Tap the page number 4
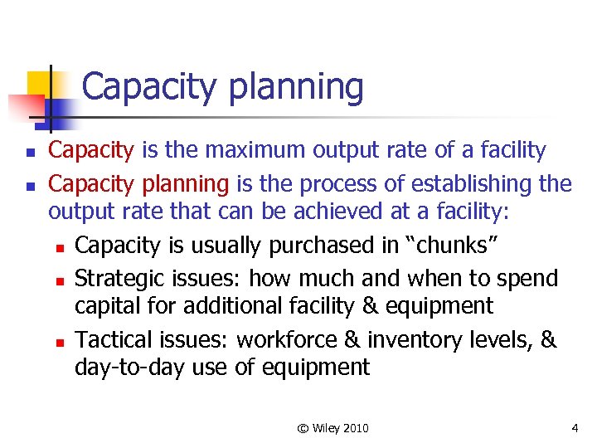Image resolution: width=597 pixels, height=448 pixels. click(x=575, y=428)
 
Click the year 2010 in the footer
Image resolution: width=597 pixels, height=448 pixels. click(x=354, y=428)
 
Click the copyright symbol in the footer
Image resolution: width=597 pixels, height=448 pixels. click(x=303, y=428)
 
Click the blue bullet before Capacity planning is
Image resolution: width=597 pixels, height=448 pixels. click(x=30, y=183)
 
